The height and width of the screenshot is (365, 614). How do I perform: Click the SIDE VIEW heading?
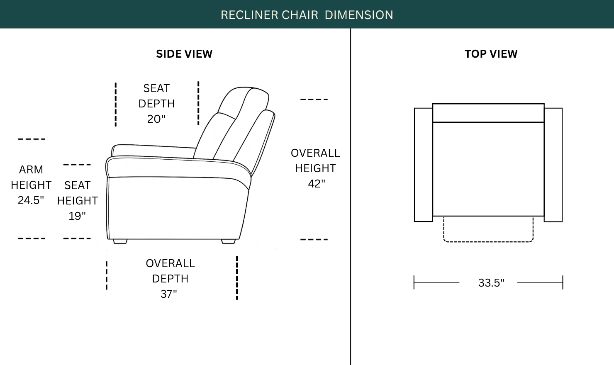tap(184, 54)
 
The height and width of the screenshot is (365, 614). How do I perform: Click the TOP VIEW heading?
tap(491, 54)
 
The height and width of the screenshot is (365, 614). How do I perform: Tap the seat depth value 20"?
tap(156, 119)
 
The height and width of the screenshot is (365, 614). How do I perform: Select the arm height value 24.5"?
tap(31, 200)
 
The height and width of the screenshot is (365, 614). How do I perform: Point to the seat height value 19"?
tap(77, 216)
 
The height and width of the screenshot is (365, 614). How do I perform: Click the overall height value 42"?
tap(316, 184)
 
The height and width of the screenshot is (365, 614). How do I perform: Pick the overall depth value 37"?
tap(168, 294)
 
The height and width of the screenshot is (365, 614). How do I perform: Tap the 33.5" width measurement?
tap(491, 283)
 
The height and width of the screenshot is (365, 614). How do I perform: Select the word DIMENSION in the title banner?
tap(359, 15)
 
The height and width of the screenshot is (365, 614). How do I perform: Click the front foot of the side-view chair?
tap(120, 241)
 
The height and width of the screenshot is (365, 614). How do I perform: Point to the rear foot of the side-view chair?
tap(228, 241)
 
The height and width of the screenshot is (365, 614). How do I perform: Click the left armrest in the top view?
tap(424, 165)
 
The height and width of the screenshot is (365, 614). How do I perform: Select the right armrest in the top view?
tap(553, 165)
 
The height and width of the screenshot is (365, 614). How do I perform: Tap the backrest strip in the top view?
tap(488, 113)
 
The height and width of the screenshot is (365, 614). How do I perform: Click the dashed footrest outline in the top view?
tap(488, 242)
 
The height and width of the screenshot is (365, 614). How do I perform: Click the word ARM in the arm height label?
tap(31, 170)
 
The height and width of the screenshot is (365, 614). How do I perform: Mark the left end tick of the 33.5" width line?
tap(414, 282)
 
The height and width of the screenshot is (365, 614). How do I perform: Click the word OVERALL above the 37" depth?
tap(170, 263)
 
